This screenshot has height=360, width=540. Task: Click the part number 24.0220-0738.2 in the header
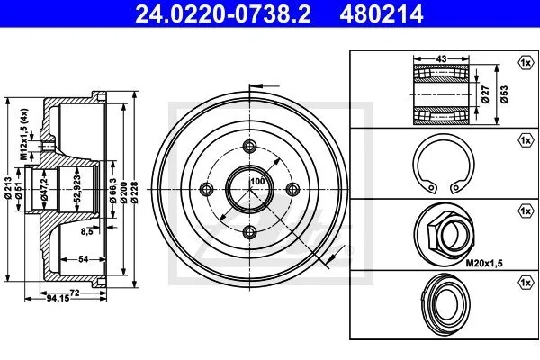[x=223, y=13]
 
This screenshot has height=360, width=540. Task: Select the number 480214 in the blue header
[x=382, y=13]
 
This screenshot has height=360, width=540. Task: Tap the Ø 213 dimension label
[x=9, y=188]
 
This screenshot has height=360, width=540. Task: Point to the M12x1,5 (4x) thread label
[x=23, y=135]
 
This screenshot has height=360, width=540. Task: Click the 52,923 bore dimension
[x=77, y=188]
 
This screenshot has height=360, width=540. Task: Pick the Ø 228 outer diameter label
[x=134, y=193]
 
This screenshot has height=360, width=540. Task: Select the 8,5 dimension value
[x=87, y=232]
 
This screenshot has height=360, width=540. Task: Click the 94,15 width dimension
[x=58, y=298]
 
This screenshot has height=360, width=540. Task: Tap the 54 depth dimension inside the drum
[x=84, y=258]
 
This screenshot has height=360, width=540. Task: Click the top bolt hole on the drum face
[x=249, y=146]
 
